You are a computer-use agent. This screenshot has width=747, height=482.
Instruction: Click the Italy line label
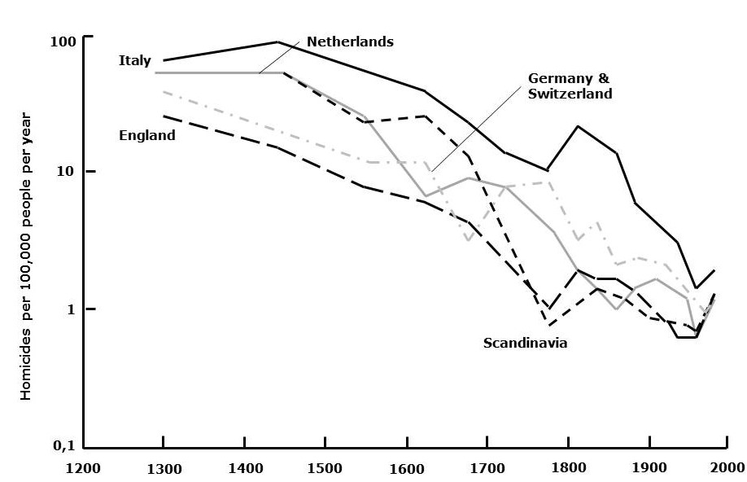click(134, 60)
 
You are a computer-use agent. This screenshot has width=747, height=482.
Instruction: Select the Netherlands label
click(350, 42)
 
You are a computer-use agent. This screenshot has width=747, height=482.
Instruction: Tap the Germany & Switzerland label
click(570, 85)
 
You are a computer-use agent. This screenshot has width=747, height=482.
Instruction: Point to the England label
click(147, 135)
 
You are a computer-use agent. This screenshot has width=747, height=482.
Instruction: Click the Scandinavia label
click(525, 343)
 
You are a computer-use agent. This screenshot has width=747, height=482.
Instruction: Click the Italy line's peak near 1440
click(278, 42)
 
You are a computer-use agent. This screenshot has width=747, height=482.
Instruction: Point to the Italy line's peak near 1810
click(578, 126)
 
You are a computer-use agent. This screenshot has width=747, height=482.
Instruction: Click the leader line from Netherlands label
click(281, 57)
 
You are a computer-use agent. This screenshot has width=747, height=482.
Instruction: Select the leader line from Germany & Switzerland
click(475, 130)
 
